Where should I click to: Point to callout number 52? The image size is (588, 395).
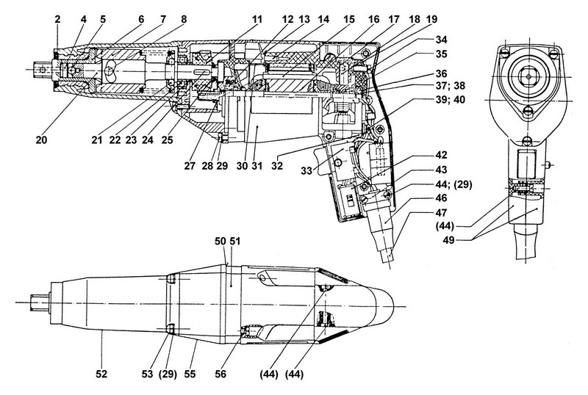[x=101, y=374]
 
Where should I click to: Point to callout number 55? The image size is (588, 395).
[x=193, y=374]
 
